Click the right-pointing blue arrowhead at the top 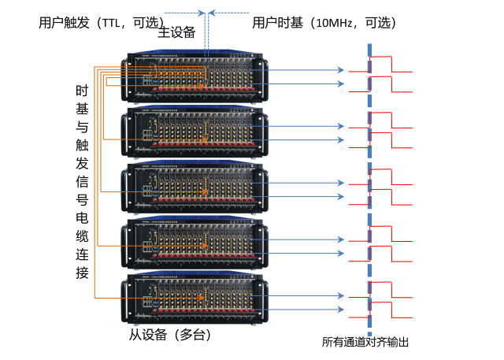pos(201,13)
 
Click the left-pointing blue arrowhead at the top pos(212,13)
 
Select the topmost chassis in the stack pos(195,76)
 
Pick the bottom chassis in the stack pos(195,299)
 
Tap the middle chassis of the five pos(195,188)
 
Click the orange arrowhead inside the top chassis pos(201,86)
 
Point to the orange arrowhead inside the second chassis pos(204,140)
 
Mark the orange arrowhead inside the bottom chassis pos(201,298)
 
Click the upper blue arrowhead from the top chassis pos(341,70)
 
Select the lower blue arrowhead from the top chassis pos(341,84)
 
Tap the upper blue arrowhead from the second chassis pos(341,126)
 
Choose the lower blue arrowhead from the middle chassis pos(341,197)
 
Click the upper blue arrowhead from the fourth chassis pos(341,239)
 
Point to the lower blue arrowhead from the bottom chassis pos(341,310)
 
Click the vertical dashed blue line pos(369,189)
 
